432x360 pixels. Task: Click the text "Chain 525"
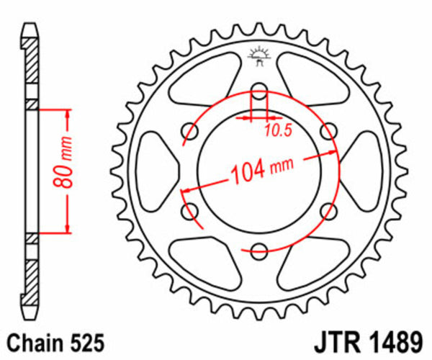(49, 341)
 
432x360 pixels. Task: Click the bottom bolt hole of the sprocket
(259, 250)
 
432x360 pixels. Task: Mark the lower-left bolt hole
(191, 211)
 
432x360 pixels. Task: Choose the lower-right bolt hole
(328, 211)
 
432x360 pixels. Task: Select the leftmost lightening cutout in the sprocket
(152, 171)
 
